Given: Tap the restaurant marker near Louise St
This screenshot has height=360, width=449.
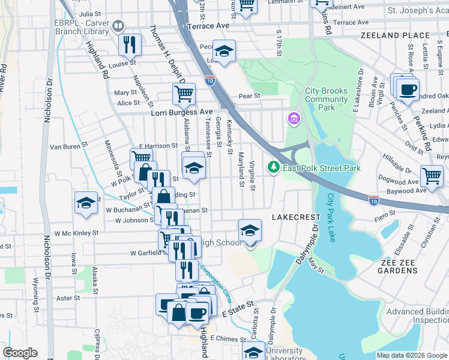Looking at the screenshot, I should (x=130, y=44).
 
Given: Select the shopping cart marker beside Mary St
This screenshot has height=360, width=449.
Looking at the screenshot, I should (x=184, y=94).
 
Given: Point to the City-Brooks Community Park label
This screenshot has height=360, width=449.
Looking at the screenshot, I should (x=326, y=99).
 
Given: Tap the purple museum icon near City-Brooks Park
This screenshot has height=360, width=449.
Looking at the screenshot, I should (x=294, y=118).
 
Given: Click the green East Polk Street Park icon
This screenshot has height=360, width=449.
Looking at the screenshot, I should (x=274, y=166).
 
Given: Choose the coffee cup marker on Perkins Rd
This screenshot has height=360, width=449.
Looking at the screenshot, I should (x=408, y=90).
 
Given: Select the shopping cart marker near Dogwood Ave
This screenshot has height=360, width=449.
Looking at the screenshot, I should (x=432, y=176).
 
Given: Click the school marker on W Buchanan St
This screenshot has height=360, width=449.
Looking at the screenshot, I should (x=86, y=203).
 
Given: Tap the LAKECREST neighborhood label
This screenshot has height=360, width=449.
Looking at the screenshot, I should (x=295, y=216).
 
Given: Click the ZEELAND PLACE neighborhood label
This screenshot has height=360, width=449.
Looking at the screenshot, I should (x=395, y=36).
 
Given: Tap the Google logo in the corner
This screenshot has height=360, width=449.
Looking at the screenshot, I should (x=20, y=353).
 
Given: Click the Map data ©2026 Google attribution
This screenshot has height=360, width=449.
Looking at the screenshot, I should (x=411, y=355).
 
